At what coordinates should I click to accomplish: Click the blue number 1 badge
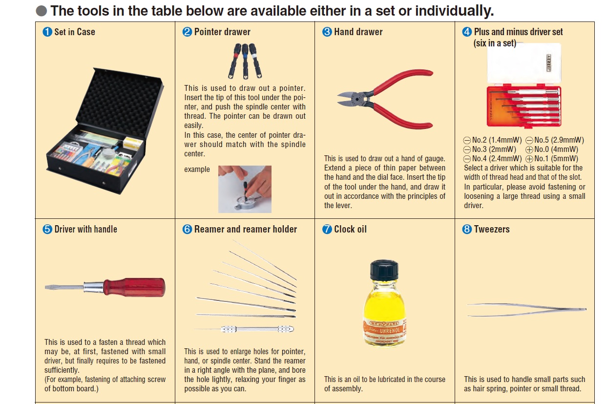(x=47, y=32)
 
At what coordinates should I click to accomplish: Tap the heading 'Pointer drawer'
(x=222, y=32)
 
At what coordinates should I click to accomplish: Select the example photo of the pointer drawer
(x=245, y=189)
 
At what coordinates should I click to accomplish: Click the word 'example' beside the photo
(x=197, y=169)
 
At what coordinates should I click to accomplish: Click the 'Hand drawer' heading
(x=358, y=32)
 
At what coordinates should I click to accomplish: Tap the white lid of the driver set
(x=524, y=63)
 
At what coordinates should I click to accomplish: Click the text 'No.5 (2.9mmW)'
(x=559, y=140)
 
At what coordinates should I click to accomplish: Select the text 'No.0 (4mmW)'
(x=556, y=149)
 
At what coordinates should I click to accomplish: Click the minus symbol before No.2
(x=467, y=140)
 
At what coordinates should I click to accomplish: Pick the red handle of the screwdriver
(x=134, y=287)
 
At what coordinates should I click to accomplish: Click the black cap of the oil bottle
(x=384, y=270)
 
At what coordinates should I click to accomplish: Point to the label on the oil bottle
(x=385, y=332)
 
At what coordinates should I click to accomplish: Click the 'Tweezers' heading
(x=492, y=229)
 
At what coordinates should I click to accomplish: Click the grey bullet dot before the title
(x=42, y=11)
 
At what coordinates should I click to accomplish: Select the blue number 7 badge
(x=327, y=229)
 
